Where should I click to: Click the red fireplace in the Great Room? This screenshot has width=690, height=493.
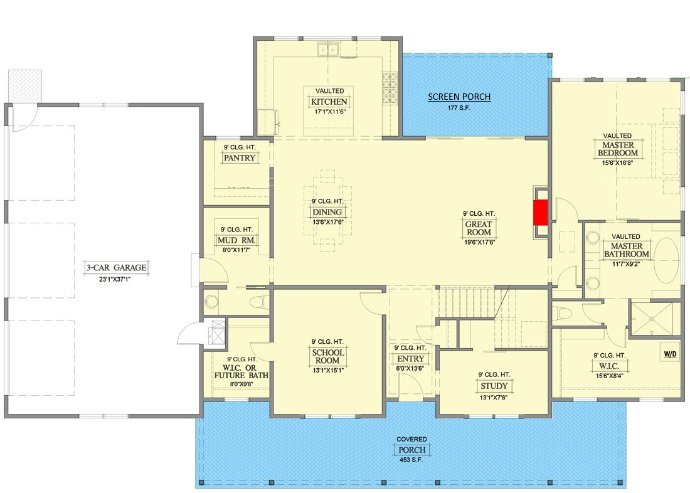click(x=540, y=213)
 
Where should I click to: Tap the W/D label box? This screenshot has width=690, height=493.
click(x=670, y=354)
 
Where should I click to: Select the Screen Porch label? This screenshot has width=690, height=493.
click(x=459, y=97)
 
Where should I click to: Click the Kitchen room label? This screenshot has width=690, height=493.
click(x=329, y=102)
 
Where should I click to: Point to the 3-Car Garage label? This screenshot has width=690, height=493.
click(x=116, y=268)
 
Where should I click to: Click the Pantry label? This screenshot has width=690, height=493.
click(x=240, y=158)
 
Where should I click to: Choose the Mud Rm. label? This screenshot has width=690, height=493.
click(x=236, y=240)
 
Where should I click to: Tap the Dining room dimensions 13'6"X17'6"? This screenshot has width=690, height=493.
click(x=327, y=222)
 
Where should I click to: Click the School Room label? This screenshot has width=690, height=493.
click(x=328, y=356)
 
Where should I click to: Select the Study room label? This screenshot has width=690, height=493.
click(x=494, y=386)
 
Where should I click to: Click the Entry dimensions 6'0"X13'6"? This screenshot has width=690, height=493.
click(x=410, y=368)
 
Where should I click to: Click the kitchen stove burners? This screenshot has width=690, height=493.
click(x=390, y=88)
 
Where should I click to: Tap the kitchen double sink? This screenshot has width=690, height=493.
click(x=328, y=50)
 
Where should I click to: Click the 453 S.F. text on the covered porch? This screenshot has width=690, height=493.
click(x=411, y=460)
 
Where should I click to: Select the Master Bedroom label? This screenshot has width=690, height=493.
click(x=618, y=149)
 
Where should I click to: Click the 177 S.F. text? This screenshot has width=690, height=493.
click(x=459, y=108)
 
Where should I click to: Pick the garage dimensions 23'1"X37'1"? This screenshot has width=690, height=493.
click(x=115, y=279)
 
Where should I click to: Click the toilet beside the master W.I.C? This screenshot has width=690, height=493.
click(x=563, y=314)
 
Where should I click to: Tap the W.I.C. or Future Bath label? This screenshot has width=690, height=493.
click(x=241, y=371)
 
